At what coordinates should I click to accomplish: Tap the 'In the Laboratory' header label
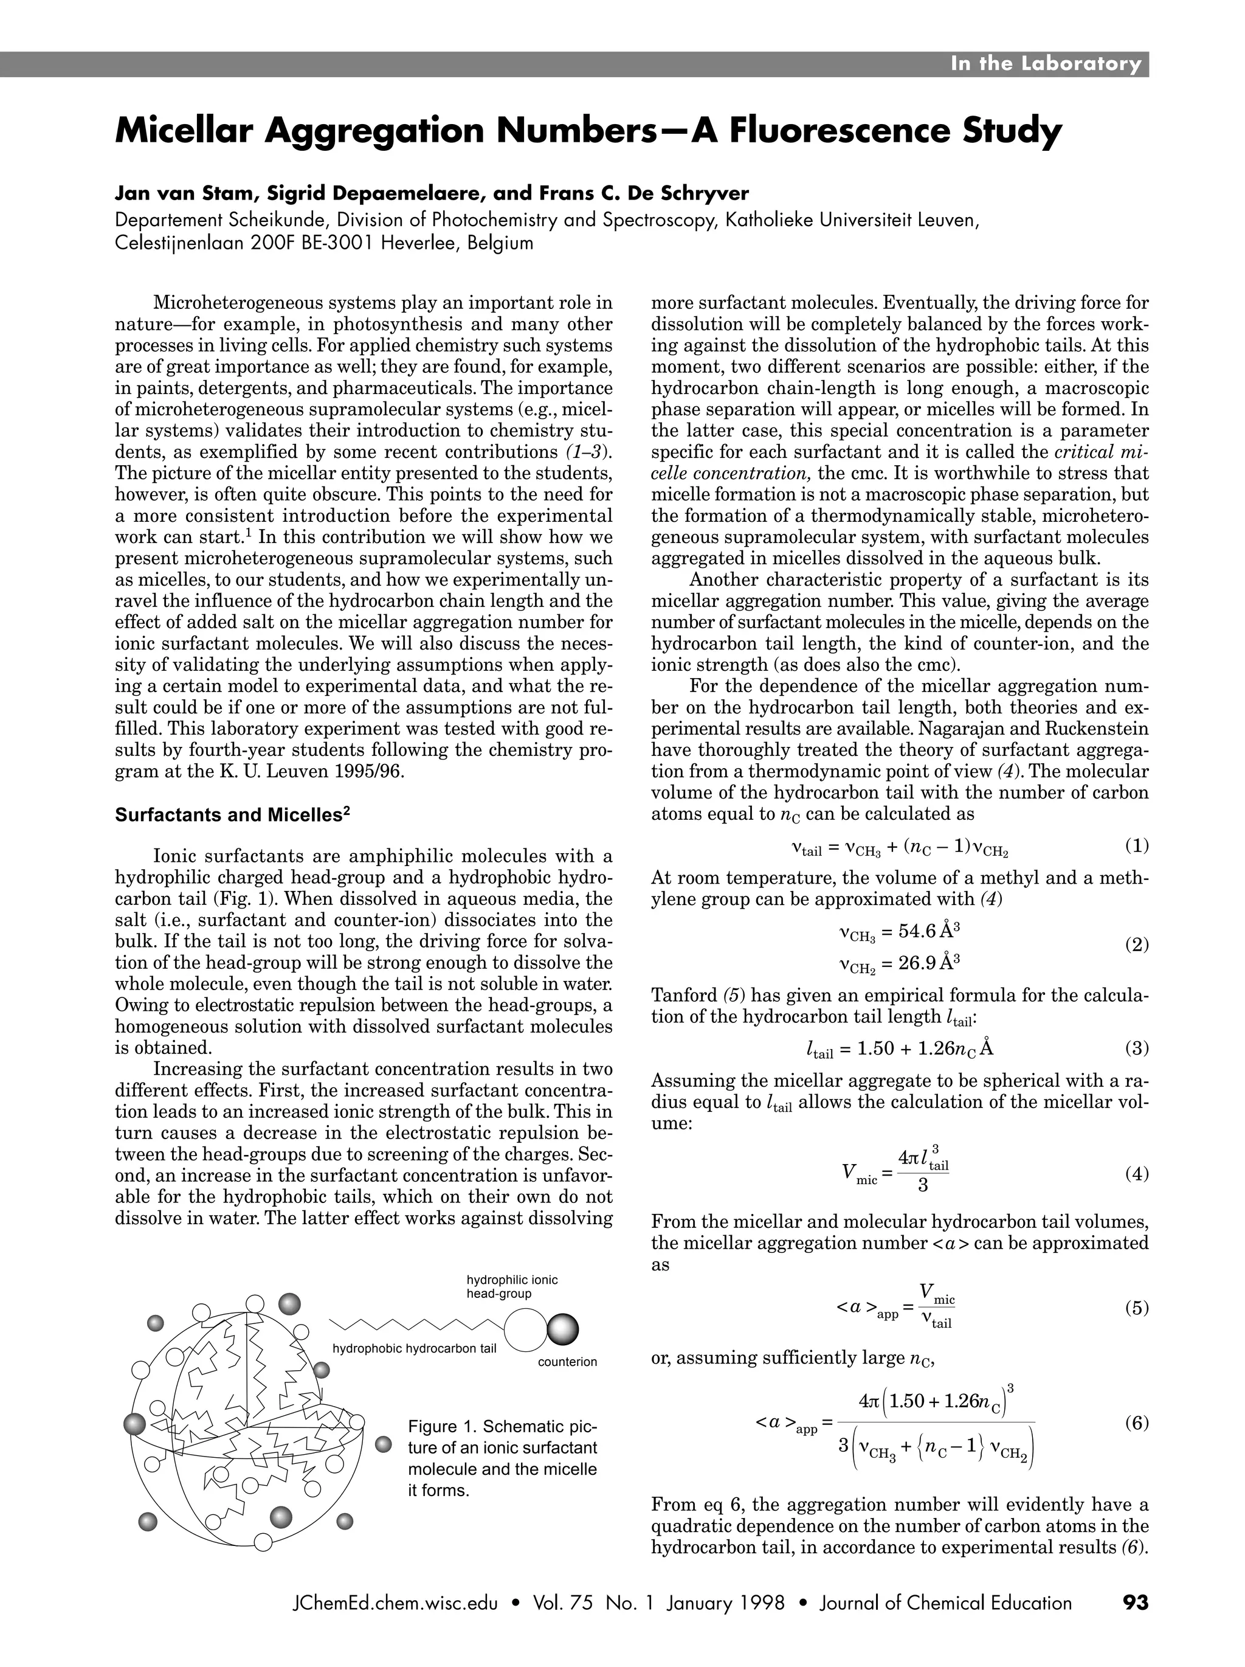1046,64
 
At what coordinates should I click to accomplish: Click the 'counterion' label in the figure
567,1362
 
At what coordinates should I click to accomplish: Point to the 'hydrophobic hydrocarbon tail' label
414,1348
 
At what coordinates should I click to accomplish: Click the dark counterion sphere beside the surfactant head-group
563,1329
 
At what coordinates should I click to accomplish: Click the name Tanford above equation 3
684,996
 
